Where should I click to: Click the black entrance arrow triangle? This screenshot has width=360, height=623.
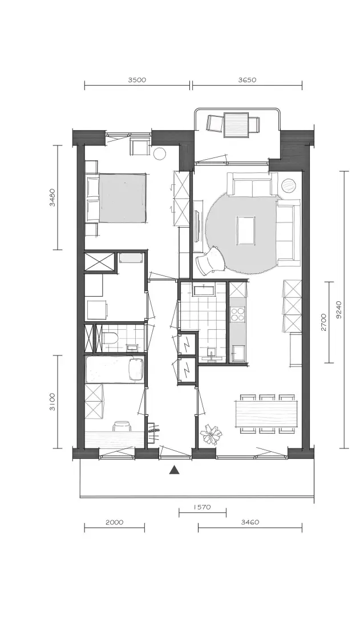pyautogui.click(x=174, y=470)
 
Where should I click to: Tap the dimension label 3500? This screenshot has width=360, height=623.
pyautogui.click(x=137, y=79)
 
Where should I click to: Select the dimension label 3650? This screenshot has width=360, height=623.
pyautogui.click(x=247, y=79)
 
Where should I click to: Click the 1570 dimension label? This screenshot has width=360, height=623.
pyautogui.click(x=203, y=507)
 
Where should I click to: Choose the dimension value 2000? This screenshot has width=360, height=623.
pyautogui.click(x=115, y=522)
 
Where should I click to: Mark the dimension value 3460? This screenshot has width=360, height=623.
pyautogui.click(x=250, y=522)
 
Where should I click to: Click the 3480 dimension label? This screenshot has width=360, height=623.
pyautogui.click(x=52, y=198)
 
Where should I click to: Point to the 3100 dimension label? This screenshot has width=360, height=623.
pyautogui.click(x=52, y=402)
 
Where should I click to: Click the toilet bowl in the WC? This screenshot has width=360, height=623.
pyautogui.click(x=110, y=338)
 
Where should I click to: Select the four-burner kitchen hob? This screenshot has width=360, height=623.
pyautogui.click(x=238, y=314)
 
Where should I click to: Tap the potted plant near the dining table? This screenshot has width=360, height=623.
pyautogui.click(x=210, y=434)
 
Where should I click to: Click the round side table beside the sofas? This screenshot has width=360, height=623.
pyautogui.click(x=289, y=185)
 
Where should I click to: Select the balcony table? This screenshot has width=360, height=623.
pyautogui.click(x=236, y=124)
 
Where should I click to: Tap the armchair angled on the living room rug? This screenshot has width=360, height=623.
pyautogui.click(x=212, y=260)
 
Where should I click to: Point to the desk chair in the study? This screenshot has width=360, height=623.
pyautogui.click(x=122, y=426)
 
